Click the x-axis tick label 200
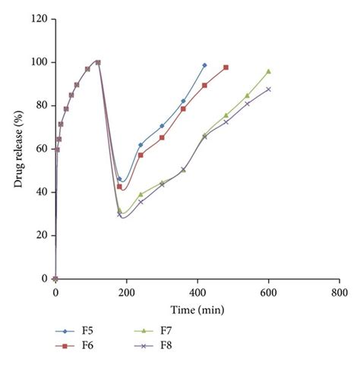pos(126,291)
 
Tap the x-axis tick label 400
pos(197,291)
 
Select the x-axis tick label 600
pos(269,291)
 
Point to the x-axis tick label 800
pos(339,291)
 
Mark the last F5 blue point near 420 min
pos(204,65)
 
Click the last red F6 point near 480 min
pos(226,68)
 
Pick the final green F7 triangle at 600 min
pos(269,71)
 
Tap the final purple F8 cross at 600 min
pos(269,89)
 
